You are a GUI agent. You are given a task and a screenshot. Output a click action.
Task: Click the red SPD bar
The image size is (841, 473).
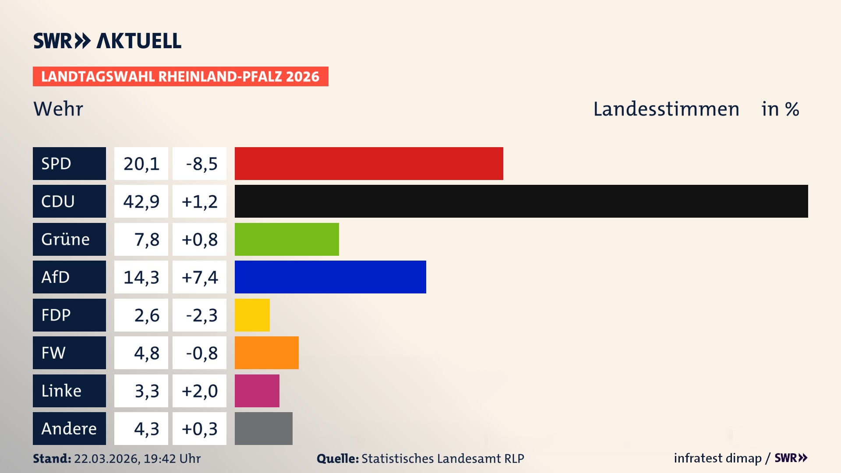pyautogui.click(x=369, y=163)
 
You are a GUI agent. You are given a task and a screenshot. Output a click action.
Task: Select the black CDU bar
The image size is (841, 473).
pyautogui.click(x=521, y=201)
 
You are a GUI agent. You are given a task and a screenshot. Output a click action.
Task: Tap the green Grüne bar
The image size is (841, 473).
pyautogui.click(x=287, y=239)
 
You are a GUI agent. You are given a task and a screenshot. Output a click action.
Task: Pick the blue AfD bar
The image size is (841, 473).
pyautogui.click(x=330, y=277)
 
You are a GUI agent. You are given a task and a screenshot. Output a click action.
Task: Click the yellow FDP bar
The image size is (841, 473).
pyautogui.click(x=252, y=315)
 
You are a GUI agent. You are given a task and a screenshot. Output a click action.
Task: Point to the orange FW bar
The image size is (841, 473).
pyautogui.click(x=267, y=353)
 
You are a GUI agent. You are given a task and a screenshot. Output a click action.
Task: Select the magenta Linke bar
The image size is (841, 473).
pyautogui.click(x=257, y=391)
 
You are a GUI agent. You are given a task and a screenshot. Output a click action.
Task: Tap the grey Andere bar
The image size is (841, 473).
pyautogui.click(x=264, y=428)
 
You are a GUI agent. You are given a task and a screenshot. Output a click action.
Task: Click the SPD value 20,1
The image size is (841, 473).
pyautogui.click(x=141, y=163)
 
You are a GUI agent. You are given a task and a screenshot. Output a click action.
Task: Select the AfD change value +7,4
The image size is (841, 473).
pyautogui.click(x=199, y=277)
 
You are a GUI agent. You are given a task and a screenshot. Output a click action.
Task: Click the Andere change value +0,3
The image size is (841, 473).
pyautogui.click(x=199, y=428)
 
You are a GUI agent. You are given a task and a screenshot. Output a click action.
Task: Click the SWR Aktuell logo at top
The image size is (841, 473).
pyautogui.click(x=107, y=41)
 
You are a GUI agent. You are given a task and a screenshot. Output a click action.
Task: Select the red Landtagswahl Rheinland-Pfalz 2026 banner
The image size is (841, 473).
pyautogui.click(x=180, y=76)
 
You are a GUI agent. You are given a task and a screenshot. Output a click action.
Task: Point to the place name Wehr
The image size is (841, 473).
pyautogui.click(x=58, y=109)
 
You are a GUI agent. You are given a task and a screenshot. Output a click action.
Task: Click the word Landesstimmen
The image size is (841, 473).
pyautogui.click(x=666, y=109)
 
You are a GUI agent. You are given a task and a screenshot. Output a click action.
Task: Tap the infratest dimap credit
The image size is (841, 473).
pyautogui.click(x=717, y=458)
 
